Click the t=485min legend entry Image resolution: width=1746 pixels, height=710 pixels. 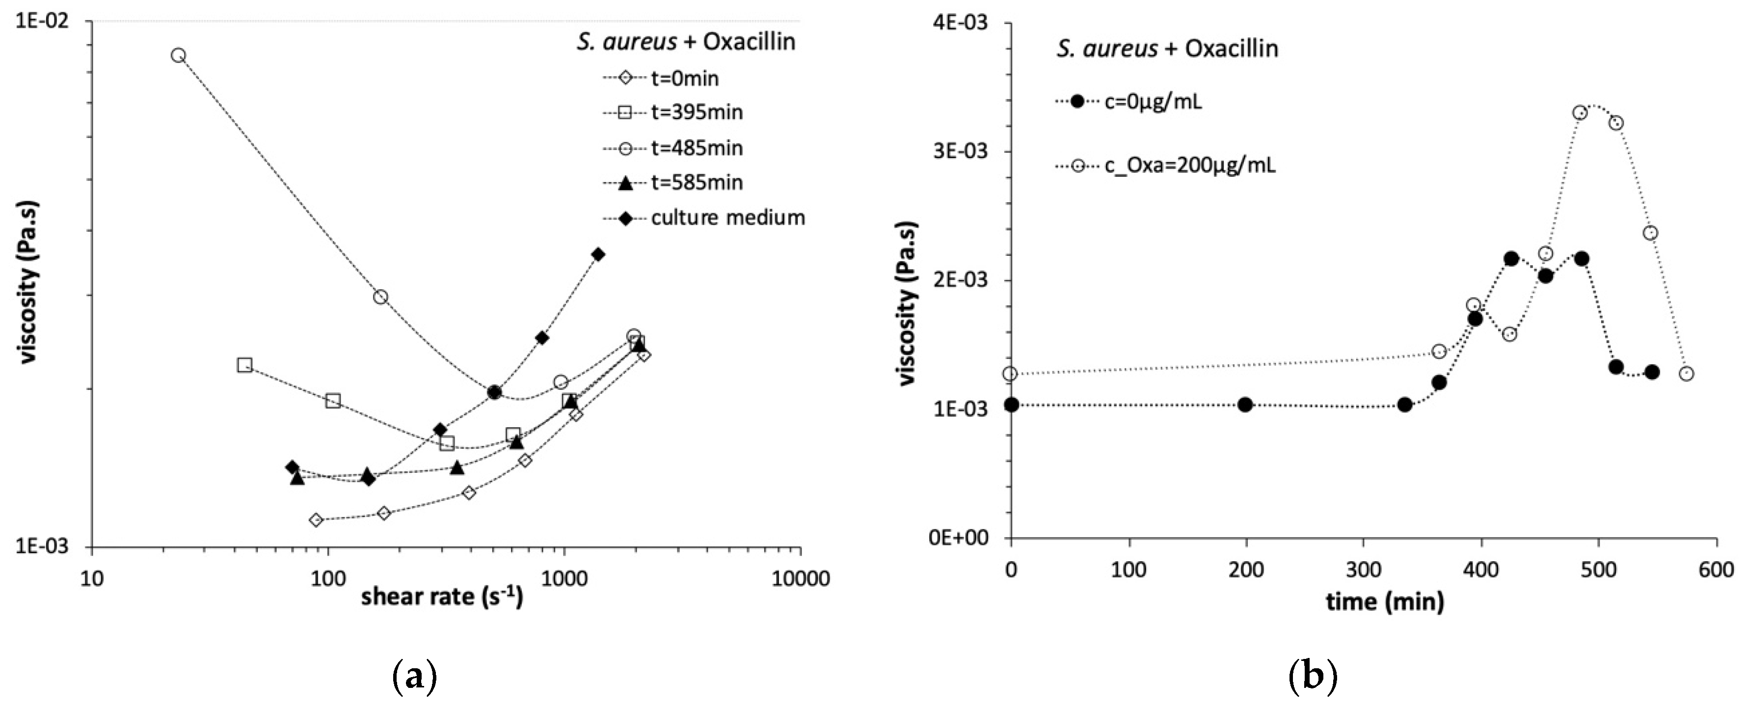click(696, 148)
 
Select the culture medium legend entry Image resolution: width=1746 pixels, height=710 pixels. click(727, 218)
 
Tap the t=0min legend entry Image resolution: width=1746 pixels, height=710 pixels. click(685, 79)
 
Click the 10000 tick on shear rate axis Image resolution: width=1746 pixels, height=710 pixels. click(801, 578)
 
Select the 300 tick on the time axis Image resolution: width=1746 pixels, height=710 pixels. click(1364, 569)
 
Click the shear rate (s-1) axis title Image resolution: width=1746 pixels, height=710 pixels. click(442, 598)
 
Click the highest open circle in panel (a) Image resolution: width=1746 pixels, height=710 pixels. click(178, 55)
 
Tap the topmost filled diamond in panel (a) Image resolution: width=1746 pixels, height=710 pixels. click(598, 254)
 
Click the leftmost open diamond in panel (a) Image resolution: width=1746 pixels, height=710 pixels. click(315, 520)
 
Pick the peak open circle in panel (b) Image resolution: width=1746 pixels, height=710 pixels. click(1580, 112)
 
